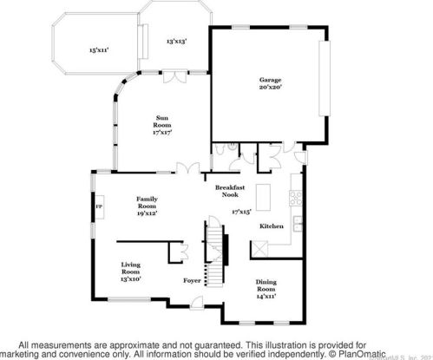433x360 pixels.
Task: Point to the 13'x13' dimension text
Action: tap(177, 41)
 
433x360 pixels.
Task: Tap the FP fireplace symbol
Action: tap(98, 207)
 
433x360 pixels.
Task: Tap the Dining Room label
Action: tap(266, 286)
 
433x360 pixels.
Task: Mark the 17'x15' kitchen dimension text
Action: tap(241, 211)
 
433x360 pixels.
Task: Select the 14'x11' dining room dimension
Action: tap(266, 297)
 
